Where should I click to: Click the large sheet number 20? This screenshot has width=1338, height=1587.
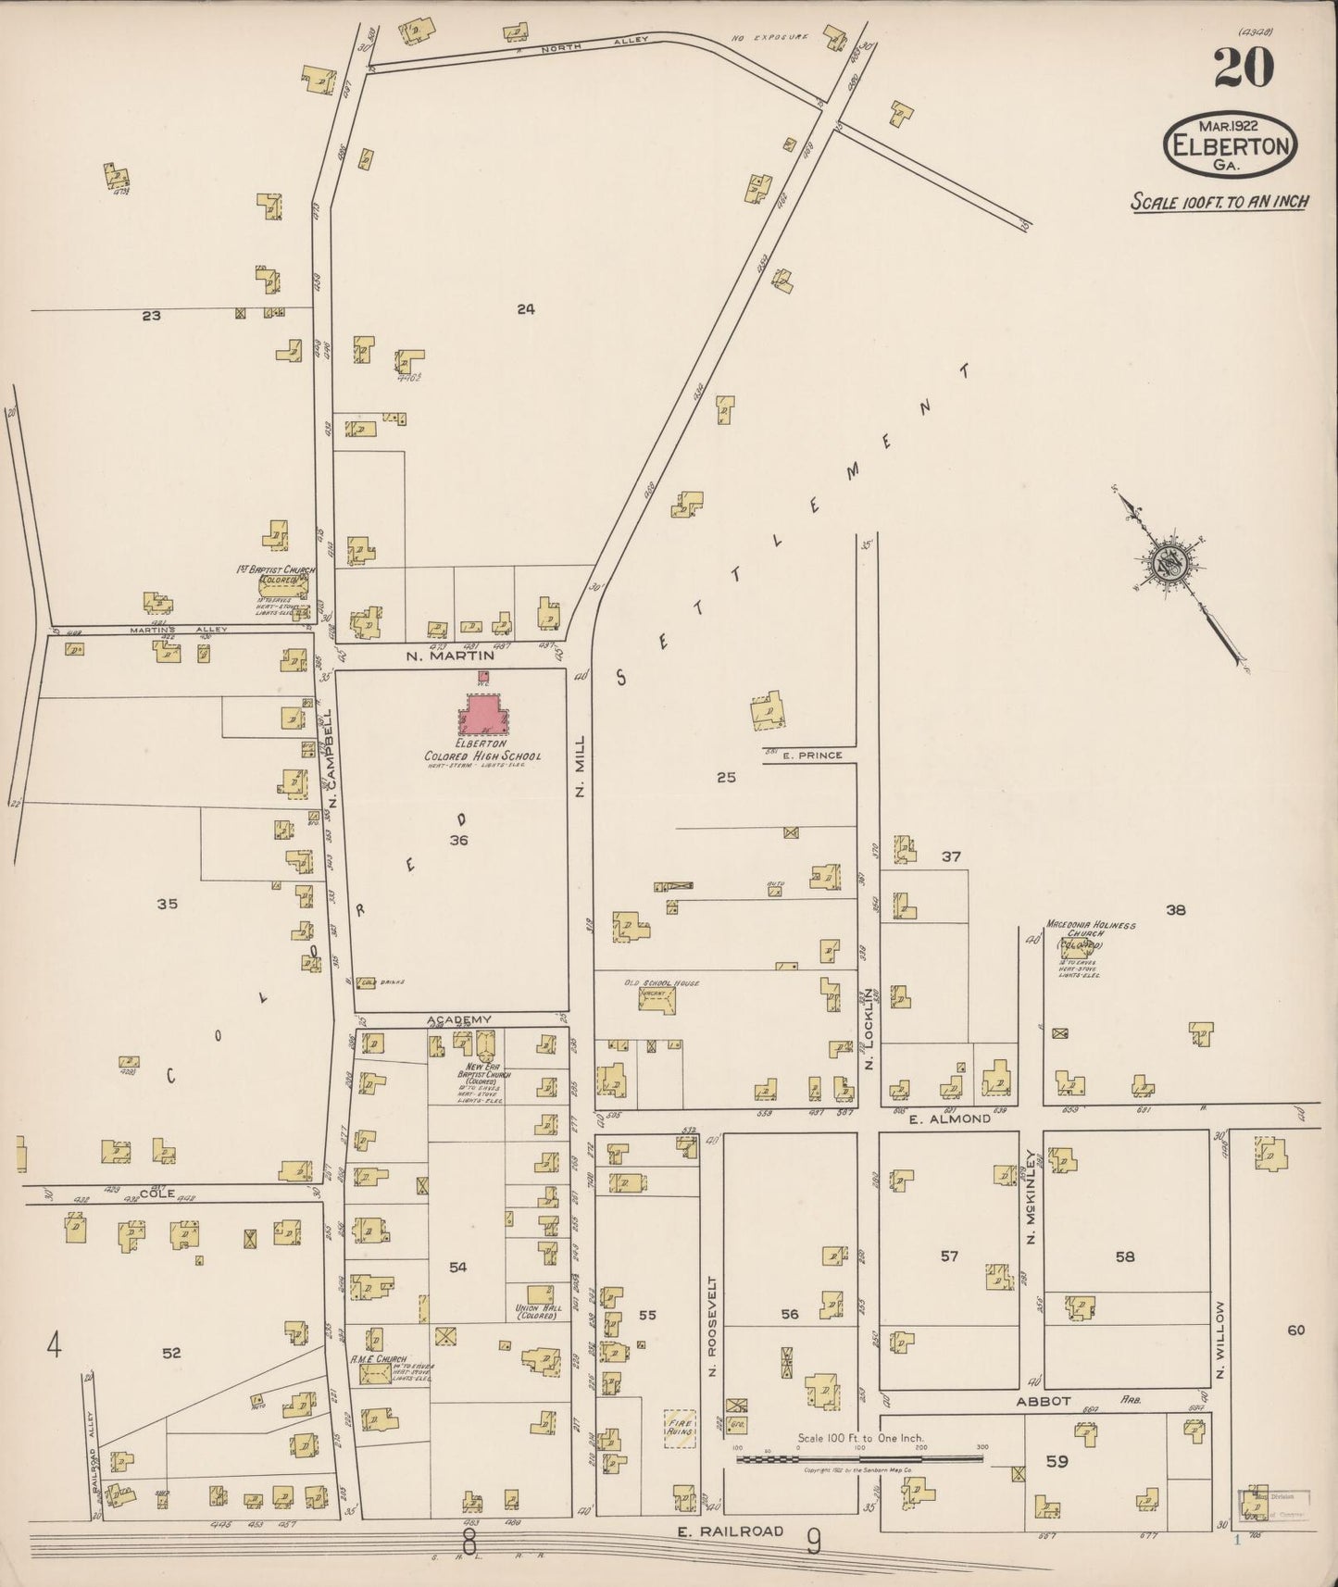coord(1244,68)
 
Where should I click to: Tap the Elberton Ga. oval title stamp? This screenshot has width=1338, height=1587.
coord(1231,144)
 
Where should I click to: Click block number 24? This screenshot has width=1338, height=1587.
coord(526,309)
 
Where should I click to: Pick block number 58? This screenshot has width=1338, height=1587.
coord(1125,1256)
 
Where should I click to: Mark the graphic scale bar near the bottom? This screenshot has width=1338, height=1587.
coord(860,1458)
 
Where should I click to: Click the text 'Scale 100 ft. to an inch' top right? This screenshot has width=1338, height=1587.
coord(1219,202)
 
